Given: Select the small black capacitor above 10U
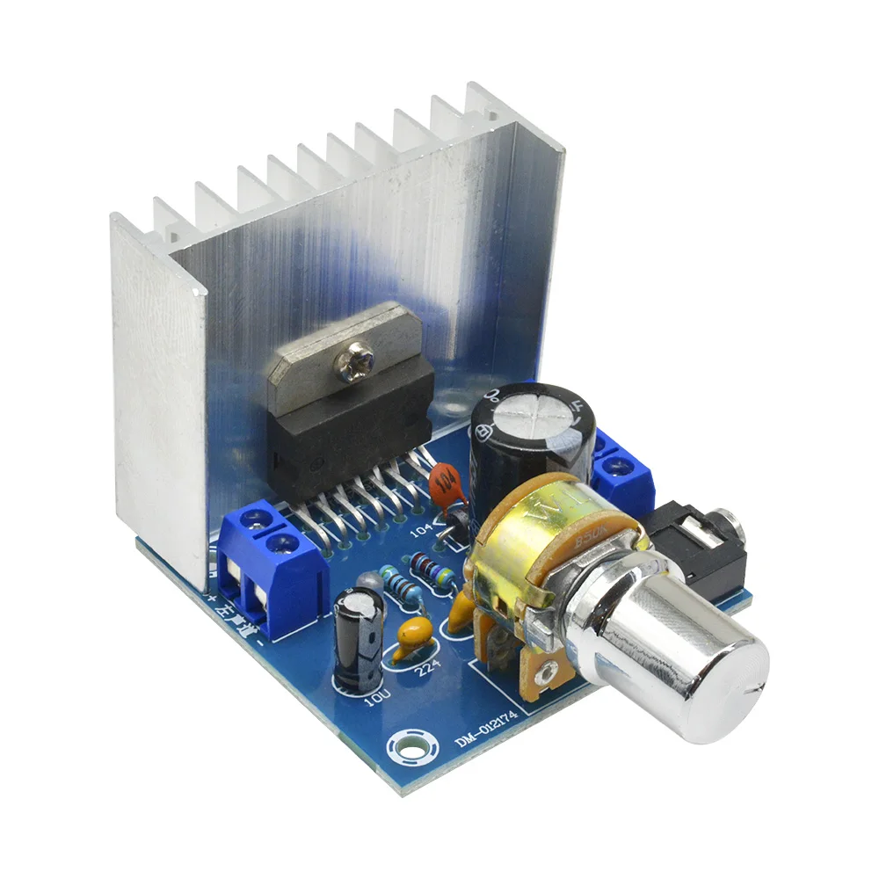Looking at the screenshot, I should [358, 634].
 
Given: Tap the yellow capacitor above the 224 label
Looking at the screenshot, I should [412, 635].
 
